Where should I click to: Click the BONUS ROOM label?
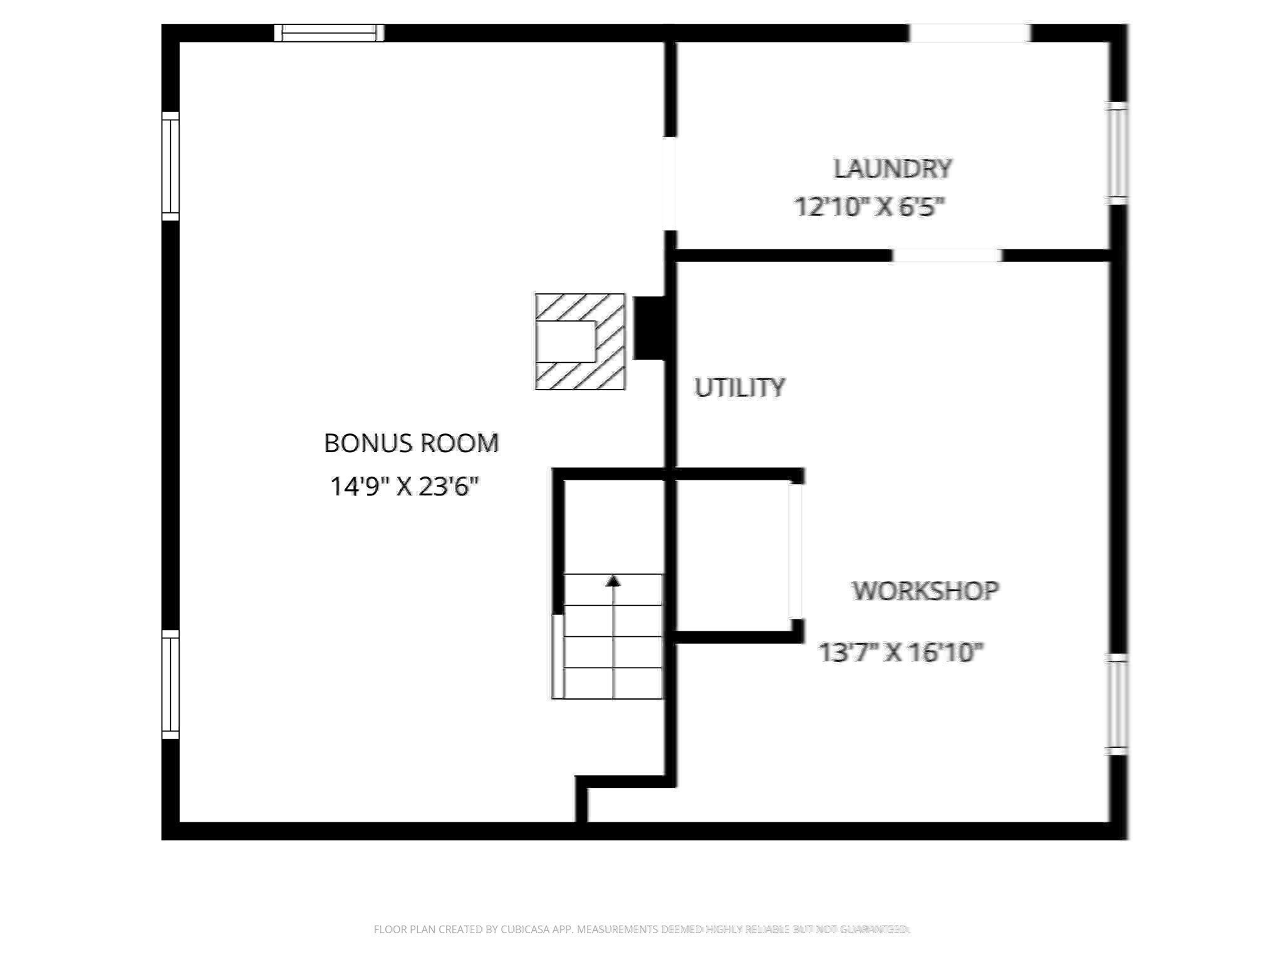pos(411,443)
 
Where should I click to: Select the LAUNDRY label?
pos(893,168)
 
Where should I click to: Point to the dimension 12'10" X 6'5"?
pos(870,207)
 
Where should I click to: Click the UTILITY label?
pos(739,388)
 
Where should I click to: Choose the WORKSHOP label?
pos(925,591)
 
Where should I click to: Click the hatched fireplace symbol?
pos(580,341)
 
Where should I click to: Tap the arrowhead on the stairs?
pos(613,581)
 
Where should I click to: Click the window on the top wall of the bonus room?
pos(330,33)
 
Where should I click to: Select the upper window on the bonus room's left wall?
pos(170,166)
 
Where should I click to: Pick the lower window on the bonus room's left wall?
pos(170,684)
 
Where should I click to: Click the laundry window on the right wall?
pos(1118,153)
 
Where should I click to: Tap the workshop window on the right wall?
pos(1118,705)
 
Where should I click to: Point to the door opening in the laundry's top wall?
pos(969,33)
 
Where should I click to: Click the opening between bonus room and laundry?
pos(670,183)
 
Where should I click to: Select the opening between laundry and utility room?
pos(947,256)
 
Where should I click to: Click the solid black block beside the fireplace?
pos(649,328)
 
